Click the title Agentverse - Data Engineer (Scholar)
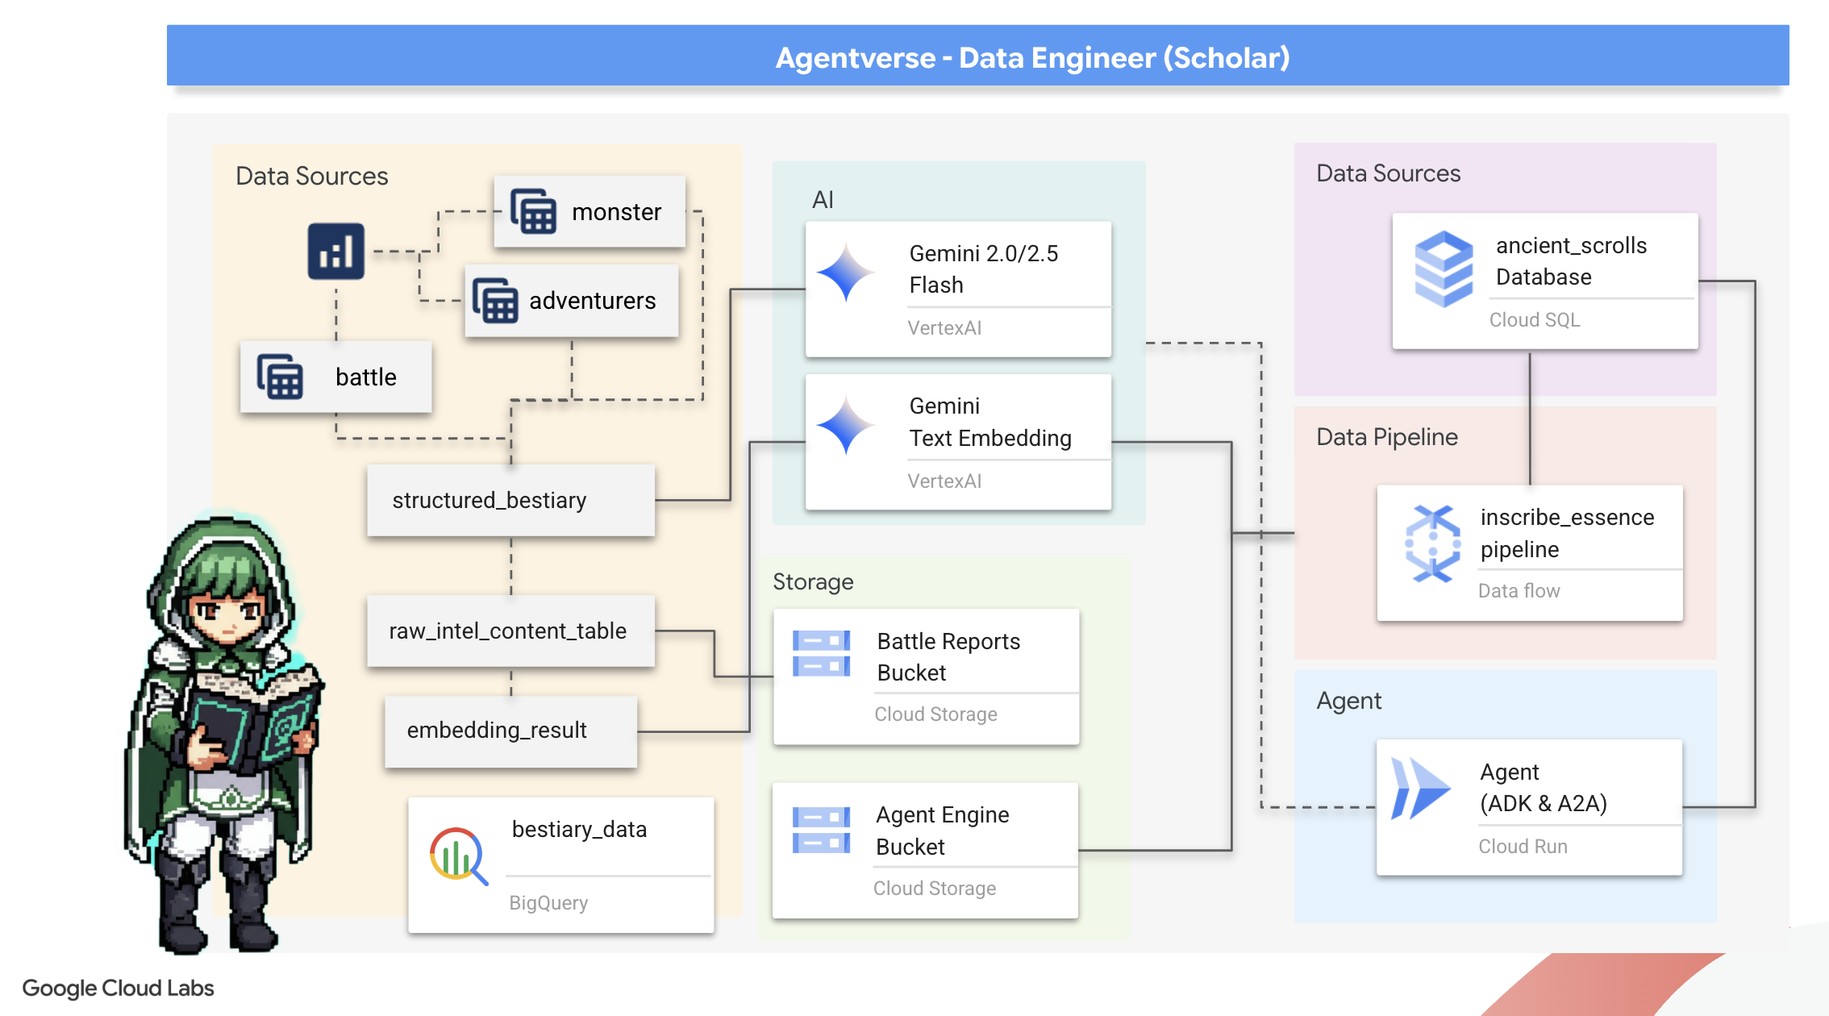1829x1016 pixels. point(1032,57)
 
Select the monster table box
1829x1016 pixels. point(590,212)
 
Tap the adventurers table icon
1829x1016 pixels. point(494,301)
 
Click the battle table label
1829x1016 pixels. point(365,377)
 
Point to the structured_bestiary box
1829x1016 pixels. point(510,500)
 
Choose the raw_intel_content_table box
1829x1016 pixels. point(510,631)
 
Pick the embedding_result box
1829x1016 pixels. point(510,731)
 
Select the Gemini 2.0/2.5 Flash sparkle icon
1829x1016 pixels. point(845,273)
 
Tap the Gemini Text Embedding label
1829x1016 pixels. point(989,422)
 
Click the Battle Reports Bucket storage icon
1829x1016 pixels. point(821,653)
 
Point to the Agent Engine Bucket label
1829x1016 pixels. point(942,831)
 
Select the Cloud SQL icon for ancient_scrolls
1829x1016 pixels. point(1444,268)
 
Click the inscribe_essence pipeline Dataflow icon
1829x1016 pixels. point(1433,543)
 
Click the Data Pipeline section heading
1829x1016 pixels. point(1386,437)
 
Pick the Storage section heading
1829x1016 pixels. point(812,582)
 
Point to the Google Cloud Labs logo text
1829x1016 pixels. point(118,988)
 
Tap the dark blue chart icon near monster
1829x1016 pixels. point(335,252)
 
